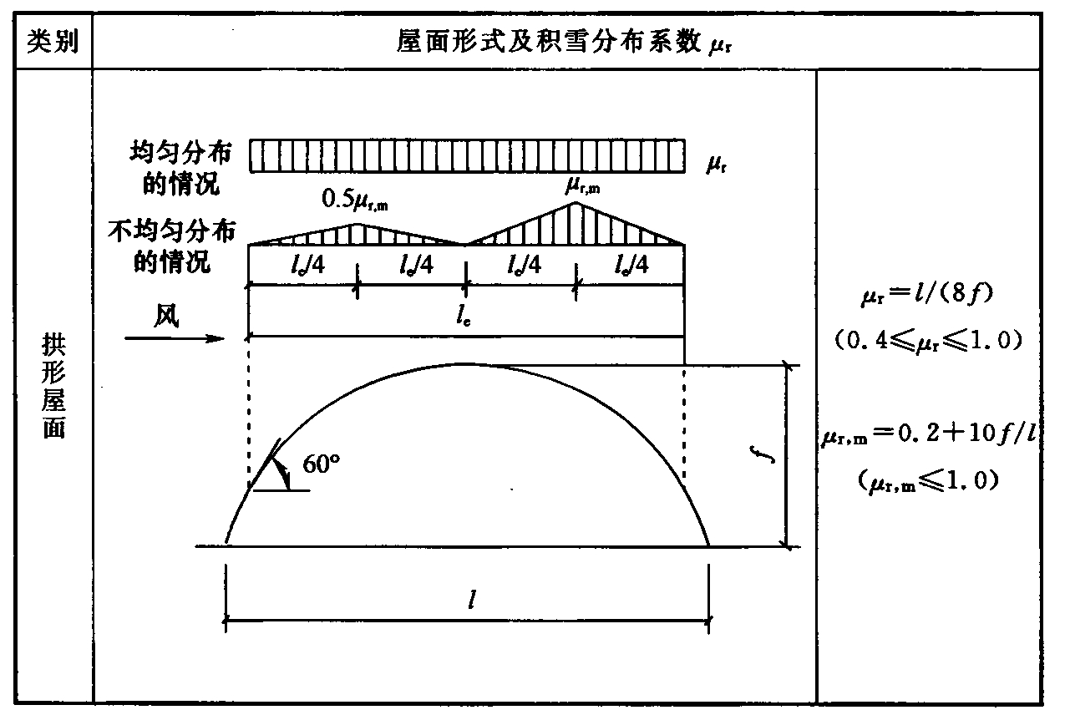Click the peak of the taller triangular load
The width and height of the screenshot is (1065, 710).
tap(575, 203)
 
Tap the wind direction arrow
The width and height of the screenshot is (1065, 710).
tap(175, 337)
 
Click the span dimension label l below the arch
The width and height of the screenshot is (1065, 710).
tap(472, 601)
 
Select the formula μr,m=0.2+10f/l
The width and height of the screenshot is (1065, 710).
tap(930, 435)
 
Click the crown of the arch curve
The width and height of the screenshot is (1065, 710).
tap(464, 364)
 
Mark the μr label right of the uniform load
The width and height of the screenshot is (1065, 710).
tap(716, 165)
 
